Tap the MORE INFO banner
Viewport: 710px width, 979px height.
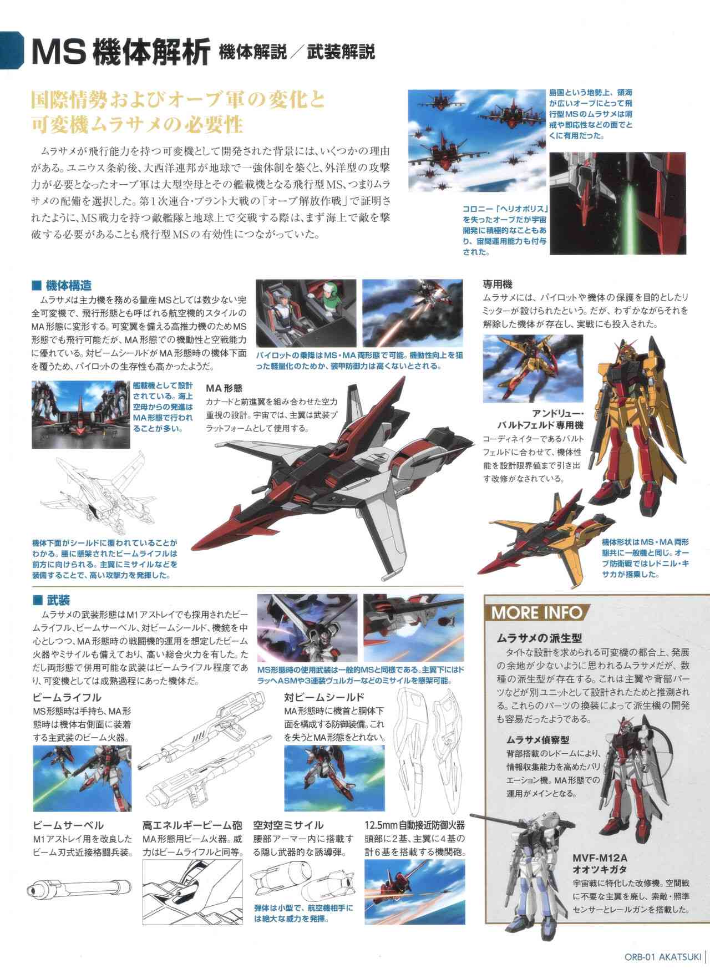click(x=536, y=612)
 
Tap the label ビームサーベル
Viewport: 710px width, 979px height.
click(x=68, y=826)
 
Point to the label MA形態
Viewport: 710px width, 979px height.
click(x=224, y=388)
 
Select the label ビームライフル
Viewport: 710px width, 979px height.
click(x=67, y=697)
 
